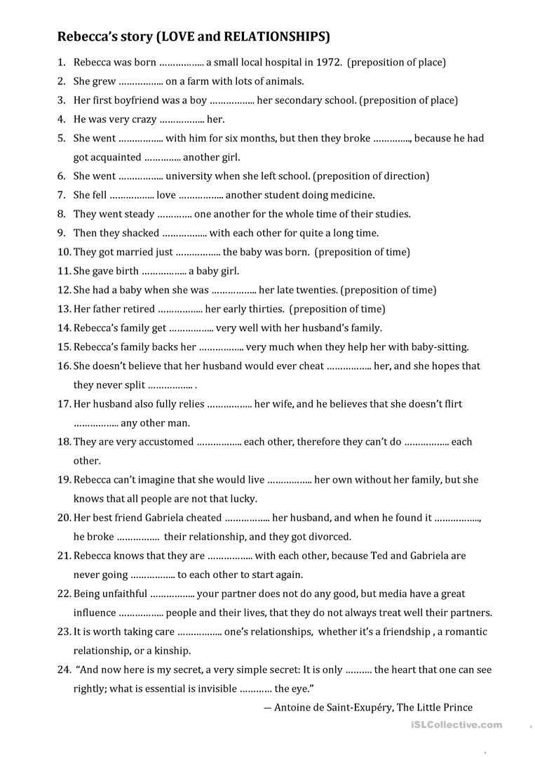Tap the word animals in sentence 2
[x=282, y=81]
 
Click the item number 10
[x=64, y=252]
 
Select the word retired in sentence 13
[x=138, y=309]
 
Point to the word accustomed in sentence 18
[x=163, y=442]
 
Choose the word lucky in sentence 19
[x=243, y=499]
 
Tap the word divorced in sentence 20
[x=328, y=537]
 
